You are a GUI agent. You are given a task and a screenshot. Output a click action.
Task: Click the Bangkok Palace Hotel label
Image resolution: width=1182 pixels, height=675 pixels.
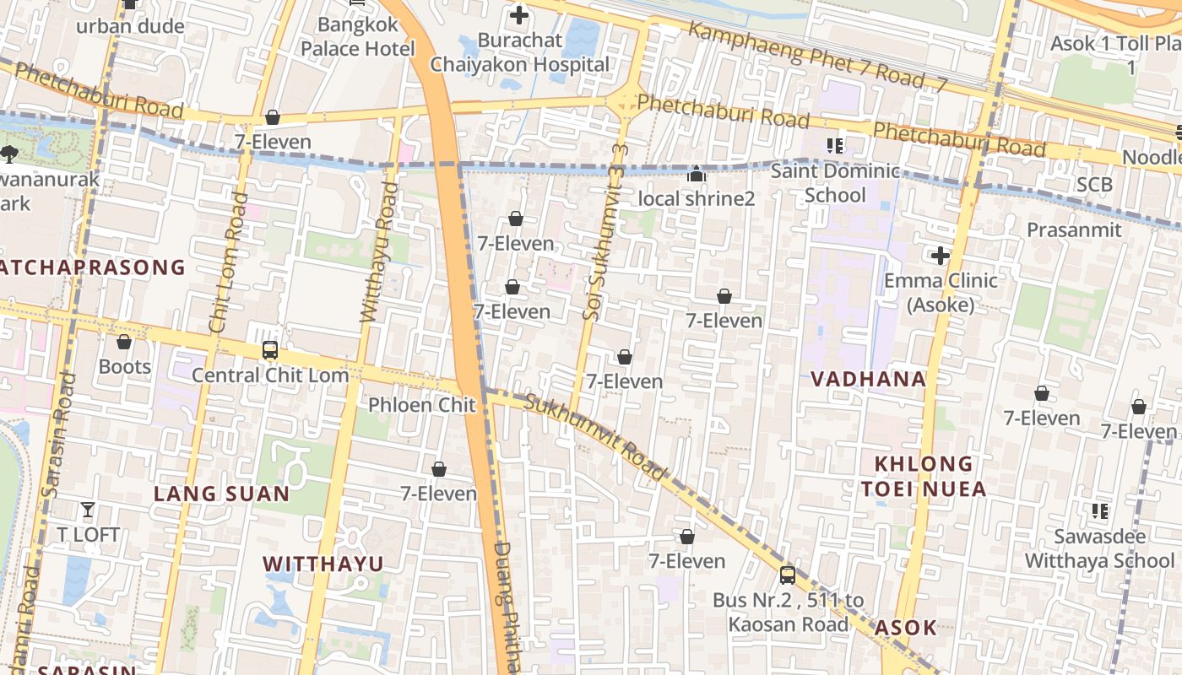pyautogui.click(x=358, y=37)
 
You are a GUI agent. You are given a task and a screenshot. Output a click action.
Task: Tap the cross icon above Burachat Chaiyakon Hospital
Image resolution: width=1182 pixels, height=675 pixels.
pyautogui.click(x=519, y=14)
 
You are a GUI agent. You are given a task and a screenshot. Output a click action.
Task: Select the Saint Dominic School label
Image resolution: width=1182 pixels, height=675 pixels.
pyautogui.click(x=836, y=183)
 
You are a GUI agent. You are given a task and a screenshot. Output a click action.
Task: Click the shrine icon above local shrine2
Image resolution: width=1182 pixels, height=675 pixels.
pyautogui.click(x=696, y=175)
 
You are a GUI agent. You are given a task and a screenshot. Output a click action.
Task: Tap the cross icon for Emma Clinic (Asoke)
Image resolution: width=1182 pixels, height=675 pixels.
pyautogui.click(x=940, y=256)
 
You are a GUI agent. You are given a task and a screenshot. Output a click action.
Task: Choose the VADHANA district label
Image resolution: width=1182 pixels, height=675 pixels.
pyautogui.click(x=868, y=379)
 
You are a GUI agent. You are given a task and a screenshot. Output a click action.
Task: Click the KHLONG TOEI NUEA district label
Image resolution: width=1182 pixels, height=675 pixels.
pyautogui.click(x=923, y=476)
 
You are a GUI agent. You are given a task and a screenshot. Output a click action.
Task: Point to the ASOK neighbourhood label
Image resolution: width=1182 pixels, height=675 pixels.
pyautogui.click(x=905, y=627)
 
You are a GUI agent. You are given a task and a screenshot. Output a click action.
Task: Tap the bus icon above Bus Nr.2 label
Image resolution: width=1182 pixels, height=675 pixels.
pyautogui.click(x=787, y=575)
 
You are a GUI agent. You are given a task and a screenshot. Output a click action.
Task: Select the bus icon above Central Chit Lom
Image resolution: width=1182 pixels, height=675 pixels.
pyautogui.click(x=269, y=350)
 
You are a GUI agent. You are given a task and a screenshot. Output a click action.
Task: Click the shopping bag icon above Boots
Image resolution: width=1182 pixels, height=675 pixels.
pyautogui.click(x=124, y=342)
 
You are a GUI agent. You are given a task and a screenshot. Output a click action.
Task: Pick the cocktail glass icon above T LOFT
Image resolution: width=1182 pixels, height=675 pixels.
pyautogui.click(x=88, y=509)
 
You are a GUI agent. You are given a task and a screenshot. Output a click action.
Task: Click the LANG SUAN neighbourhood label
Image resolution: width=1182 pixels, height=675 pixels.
pyautogui.click(x=221, y=494)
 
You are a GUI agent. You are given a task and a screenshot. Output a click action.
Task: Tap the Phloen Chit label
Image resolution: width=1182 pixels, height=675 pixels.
pyautogui.click(x=422, y=405)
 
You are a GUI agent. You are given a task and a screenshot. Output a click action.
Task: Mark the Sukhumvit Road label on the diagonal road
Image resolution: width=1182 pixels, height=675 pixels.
pyautogui.click(x=595, y=437)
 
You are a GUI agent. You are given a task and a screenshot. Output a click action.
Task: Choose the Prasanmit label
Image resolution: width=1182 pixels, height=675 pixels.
pyautogui.click(x=1074, y=229)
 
